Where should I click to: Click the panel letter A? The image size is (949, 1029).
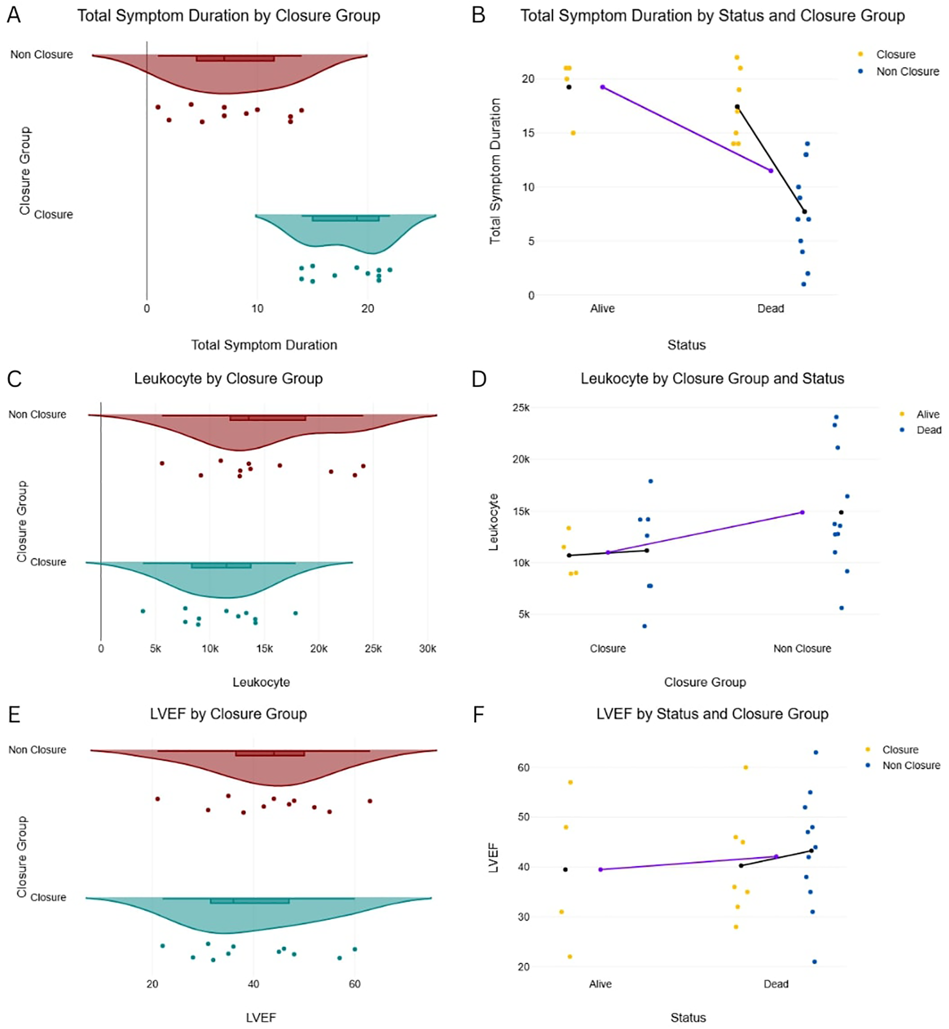point(14,15)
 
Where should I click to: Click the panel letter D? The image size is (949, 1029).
point(478,379)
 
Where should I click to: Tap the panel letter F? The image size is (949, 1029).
point(478,714)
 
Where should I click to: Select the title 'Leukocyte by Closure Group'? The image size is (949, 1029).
point(228,379)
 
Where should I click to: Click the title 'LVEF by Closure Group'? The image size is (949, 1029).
point(228,714)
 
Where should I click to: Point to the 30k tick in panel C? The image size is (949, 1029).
point(427,649)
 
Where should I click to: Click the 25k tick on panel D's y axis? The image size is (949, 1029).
point(521,408)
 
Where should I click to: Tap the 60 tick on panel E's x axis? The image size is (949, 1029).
point(354,984)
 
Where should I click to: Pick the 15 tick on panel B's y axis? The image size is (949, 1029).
point(528,133)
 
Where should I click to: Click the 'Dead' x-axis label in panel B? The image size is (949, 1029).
point(770,308)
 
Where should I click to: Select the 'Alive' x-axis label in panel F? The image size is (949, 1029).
point(600,984)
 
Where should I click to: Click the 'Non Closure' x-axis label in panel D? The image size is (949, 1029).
point(802,649)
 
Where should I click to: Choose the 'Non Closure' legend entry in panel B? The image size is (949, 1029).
point(908,71)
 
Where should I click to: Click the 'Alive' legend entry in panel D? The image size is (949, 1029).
point(928,414)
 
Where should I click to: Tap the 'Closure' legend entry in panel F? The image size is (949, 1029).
point(900,750)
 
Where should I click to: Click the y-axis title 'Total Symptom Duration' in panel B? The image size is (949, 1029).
point(495,171)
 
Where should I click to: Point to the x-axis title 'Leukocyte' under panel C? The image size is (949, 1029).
point(262,682)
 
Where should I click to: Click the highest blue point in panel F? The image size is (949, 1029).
point(816,752)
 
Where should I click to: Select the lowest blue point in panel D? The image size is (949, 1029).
point(645,626)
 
